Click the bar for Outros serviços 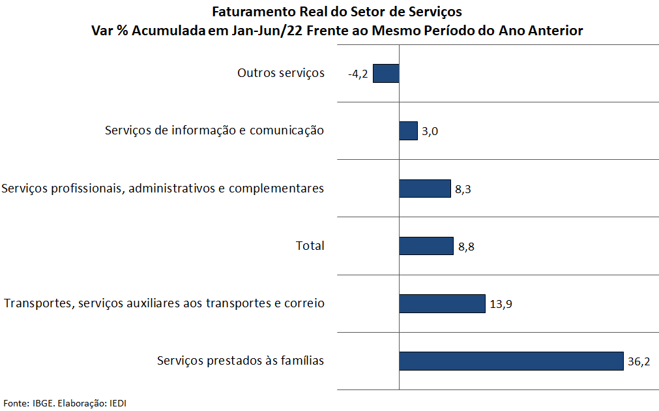click(386, 73)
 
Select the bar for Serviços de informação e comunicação click(408, 130)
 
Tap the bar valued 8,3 click(425, 189)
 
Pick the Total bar click(426, 246)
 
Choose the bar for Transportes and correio click(442, 303)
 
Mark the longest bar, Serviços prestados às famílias click(511, 361)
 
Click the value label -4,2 click(358, 74)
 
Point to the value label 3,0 click(430, 132)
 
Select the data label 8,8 click(465, 247)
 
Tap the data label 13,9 click(501, 305)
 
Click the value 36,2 click(639, 362)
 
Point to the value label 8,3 click(463, 190)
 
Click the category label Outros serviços click(280, 73)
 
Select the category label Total click(310, 246)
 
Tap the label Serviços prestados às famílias click(241, 361)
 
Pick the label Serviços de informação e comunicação click(214, 130)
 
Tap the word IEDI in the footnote click(118, 403)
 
